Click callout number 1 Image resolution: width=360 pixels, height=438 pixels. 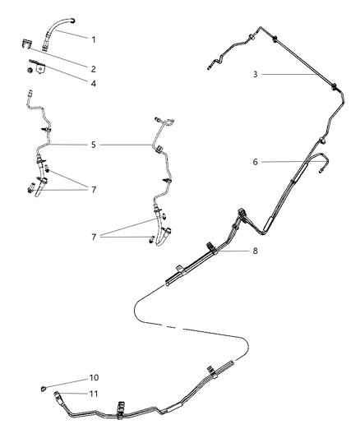93,39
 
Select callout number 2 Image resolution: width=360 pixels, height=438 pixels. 93,68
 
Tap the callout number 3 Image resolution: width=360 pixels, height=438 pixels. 256,74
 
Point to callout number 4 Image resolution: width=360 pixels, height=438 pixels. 93,82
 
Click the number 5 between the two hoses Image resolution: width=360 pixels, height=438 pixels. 93,145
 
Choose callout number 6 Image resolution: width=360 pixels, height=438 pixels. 256,162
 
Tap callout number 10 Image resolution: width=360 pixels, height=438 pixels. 93,378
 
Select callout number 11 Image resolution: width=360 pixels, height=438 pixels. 93,394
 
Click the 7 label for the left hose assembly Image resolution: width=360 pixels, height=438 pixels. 93,189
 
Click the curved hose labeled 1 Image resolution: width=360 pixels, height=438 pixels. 58,30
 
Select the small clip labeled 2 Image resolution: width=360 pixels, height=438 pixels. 29,51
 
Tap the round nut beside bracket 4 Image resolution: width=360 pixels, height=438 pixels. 29,72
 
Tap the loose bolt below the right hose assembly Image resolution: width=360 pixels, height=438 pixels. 150,240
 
